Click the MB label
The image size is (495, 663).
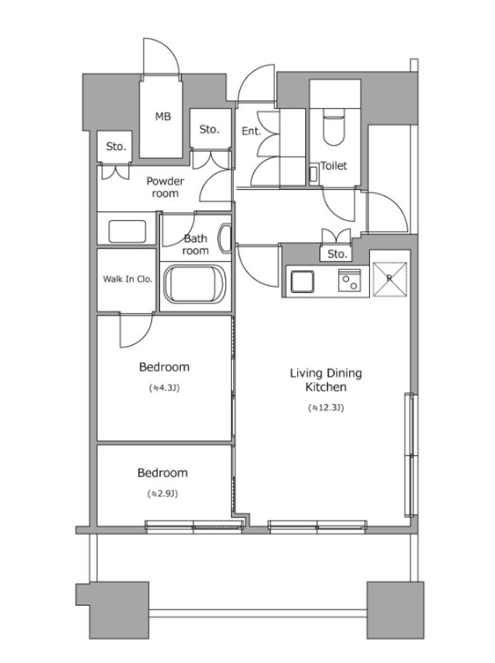163,116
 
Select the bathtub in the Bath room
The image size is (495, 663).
195,283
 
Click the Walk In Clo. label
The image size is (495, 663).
127,279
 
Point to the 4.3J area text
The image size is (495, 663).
165,388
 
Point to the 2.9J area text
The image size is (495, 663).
162,493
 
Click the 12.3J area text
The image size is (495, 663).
325,408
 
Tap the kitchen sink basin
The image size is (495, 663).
302,281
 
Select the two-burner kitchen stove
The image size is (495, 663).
349,281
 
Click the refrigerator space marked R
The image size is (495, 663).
390,279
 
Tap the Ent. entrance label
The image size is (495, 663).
252,131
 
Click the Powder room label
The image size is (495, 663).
165,188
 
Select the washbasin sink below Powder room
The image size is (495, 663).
127,231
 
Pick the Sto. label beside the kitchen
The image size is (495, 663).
337,254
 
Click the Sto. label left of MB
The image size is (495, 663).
116,147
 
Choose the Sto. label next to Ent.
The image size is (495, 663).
210,129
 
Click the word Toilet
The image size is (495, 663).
333,166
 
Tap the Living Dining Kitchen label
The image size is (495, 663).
326,380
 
